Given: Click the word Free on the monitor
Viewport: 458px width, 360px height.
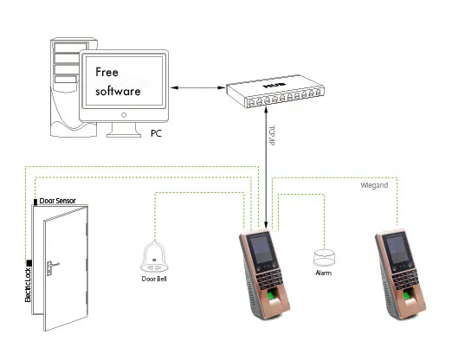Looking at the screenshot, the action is pos(106,72).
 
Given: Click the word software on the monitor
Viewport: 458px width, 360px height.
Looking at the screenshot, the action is pos(118,91).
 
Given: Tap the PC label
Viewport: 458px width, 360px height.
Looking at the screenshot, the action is pos(156,133).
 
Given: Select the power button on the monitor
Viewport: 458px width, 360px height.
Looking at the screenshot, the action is pos(124,115).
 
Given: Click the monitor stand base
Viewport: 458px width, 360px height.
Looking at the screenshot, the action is pos(124,135).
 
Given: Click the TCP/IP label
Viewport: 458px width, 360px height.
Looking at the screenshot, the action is pos(271,136).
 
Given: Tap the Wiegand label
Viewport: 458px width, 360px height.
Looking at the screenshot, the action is pos(374,185).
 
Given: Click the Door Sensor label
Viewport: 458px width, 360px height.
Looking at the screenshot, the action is pos(57,201).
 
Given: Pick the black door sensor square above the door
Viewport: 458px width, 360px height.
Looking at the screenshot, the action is pos(35,202).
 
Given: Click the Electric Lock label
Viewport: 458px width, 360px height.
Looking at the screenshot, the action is pos(28,285).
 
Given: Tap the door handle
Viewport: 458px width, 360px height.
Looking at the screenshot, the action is pos(52,267).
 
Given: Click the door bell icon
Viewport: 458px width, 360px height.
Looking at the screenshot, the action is pos(154,256).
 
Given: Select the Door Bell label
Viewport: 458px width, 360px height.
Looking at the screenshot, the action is pos(154,279).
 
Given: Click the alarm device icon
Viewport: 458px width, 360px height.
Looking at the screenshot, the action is pos(324,257).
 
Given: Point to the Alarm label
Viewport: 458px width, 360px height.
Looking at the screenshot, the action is pos(324,273).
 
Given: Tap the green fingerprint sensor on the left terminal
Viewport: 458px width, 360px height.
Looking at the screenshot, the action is pos(272,296).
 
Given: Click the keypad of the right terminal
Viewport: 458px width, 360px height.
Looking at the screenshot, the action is pos(405,279).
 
